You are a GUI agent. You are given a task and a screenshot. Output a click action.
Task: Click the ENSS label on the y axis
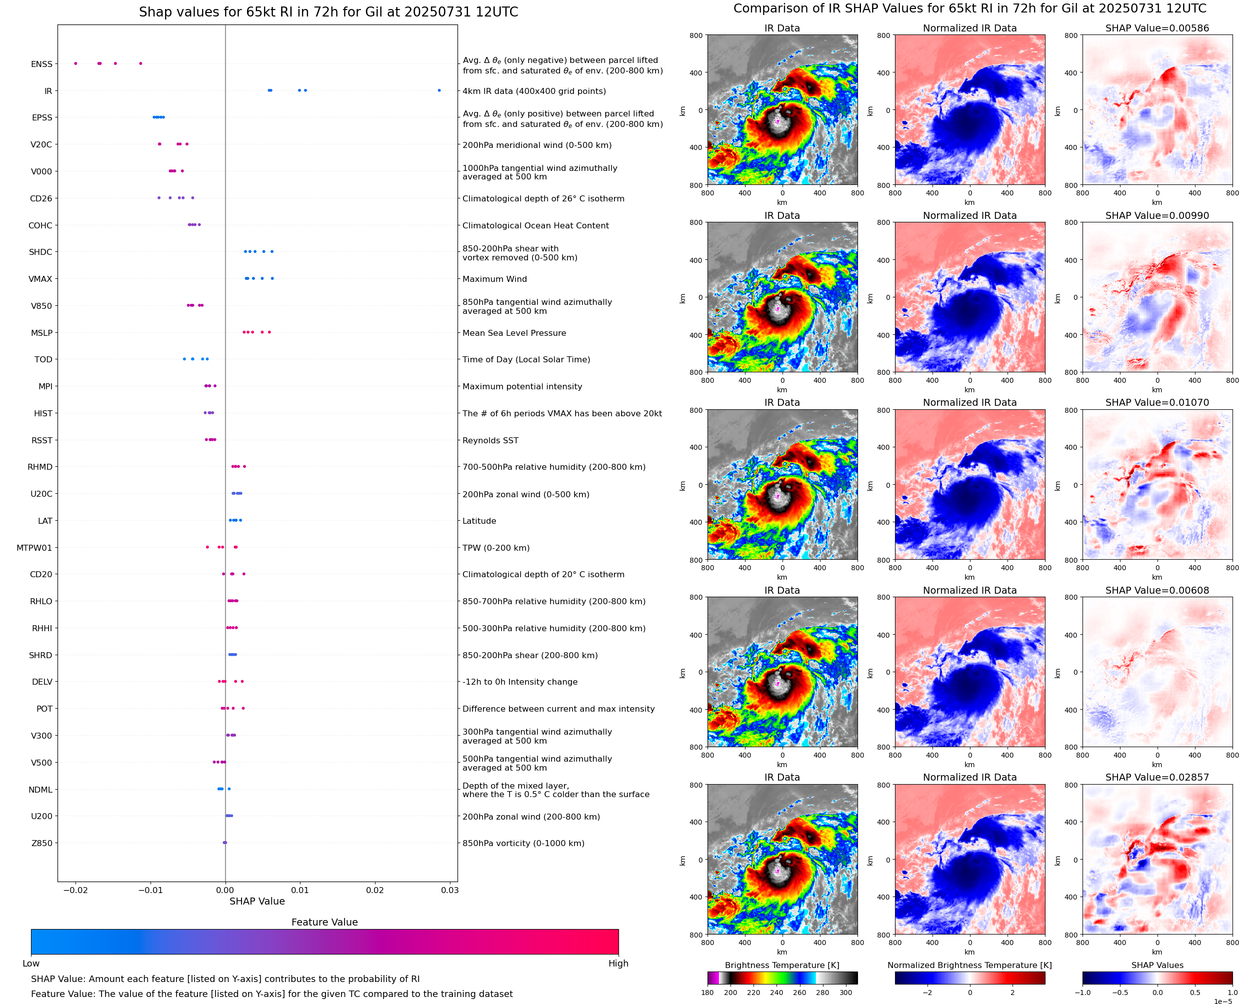point(41,64)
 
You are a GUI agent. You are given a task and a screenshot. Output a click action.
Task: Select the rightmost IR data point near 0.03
point(439,90)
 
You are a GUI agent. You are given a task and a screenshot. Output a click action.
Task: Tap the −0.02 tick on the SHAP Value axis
point(75,890)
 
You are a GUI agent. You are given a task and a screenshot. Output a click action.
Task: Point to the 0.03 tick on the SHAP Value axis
point(449,890)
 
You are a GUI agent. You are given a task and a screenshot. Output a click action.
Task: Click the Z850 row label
point(41,843)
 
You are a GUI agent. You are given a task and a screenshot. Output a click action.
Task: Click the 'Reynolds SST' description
point(490,440)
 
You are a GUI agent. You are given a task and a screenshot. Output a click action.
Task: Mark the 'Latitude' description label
point(479,521)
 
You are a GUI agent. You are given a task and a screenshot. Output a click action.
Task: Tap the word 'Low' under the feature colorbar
point(30,964)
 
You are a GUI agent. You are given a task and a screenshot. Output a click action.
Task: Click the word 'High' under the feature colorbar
point(618,964)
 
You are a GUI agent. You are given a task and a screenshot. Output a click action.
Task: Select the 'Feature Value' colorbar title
point(324,923)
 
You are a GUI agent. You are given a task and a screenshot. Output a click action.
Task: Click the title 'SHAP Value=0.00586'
point(1157,28)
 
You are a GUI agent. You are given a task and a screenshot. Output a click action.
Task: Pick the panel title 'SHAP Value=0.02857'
point(1157,777)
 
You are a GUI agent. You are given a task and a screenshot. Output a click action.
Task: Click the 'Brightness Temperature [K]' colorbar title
point(781,965)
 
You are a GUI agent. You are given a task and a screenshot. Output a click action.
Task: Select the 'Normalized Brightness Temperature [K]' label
point(969,965)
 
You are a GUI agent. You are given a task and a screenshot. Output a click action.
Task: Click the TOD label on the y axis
point(43,359)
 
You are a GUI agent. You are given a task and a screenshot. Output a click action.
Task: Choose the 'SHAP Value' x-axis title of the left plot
point(257,901)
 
